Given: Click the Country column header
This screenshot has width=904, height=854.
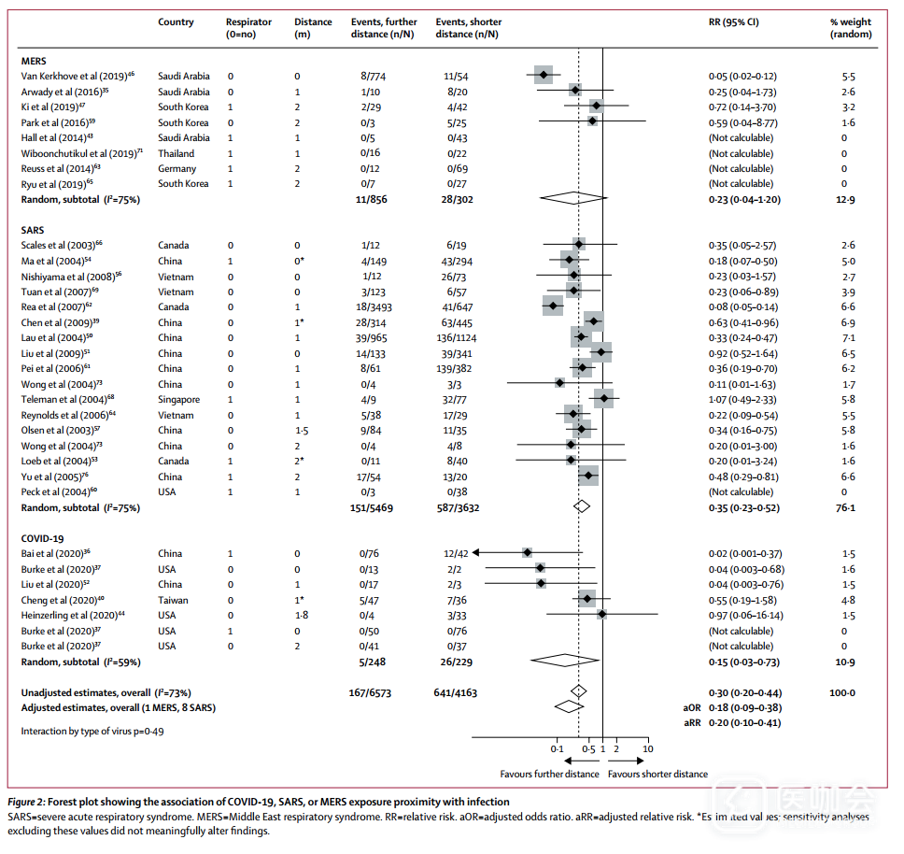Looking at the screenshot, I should click(x=176, y=21).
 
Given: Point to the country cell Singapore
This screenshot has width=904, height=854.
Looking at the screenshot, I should click(x=178, y=399).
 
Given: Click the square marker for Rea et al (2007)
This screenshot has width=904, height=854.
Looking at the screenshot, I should click(x=553, y=306).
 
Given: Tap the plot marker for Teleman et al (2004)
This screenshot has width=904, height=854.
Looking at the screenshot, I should click(x=603, y=399).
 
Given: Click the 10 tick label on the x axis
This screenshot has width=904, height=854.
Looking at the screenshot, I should click(x=648, y=749).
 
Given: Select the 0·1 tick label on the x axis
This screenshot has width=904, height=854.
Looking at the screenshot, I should click(x=557, y=749).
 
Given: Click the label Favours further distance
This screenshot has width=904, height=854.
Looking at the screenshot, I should click(x=549, y=774).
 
